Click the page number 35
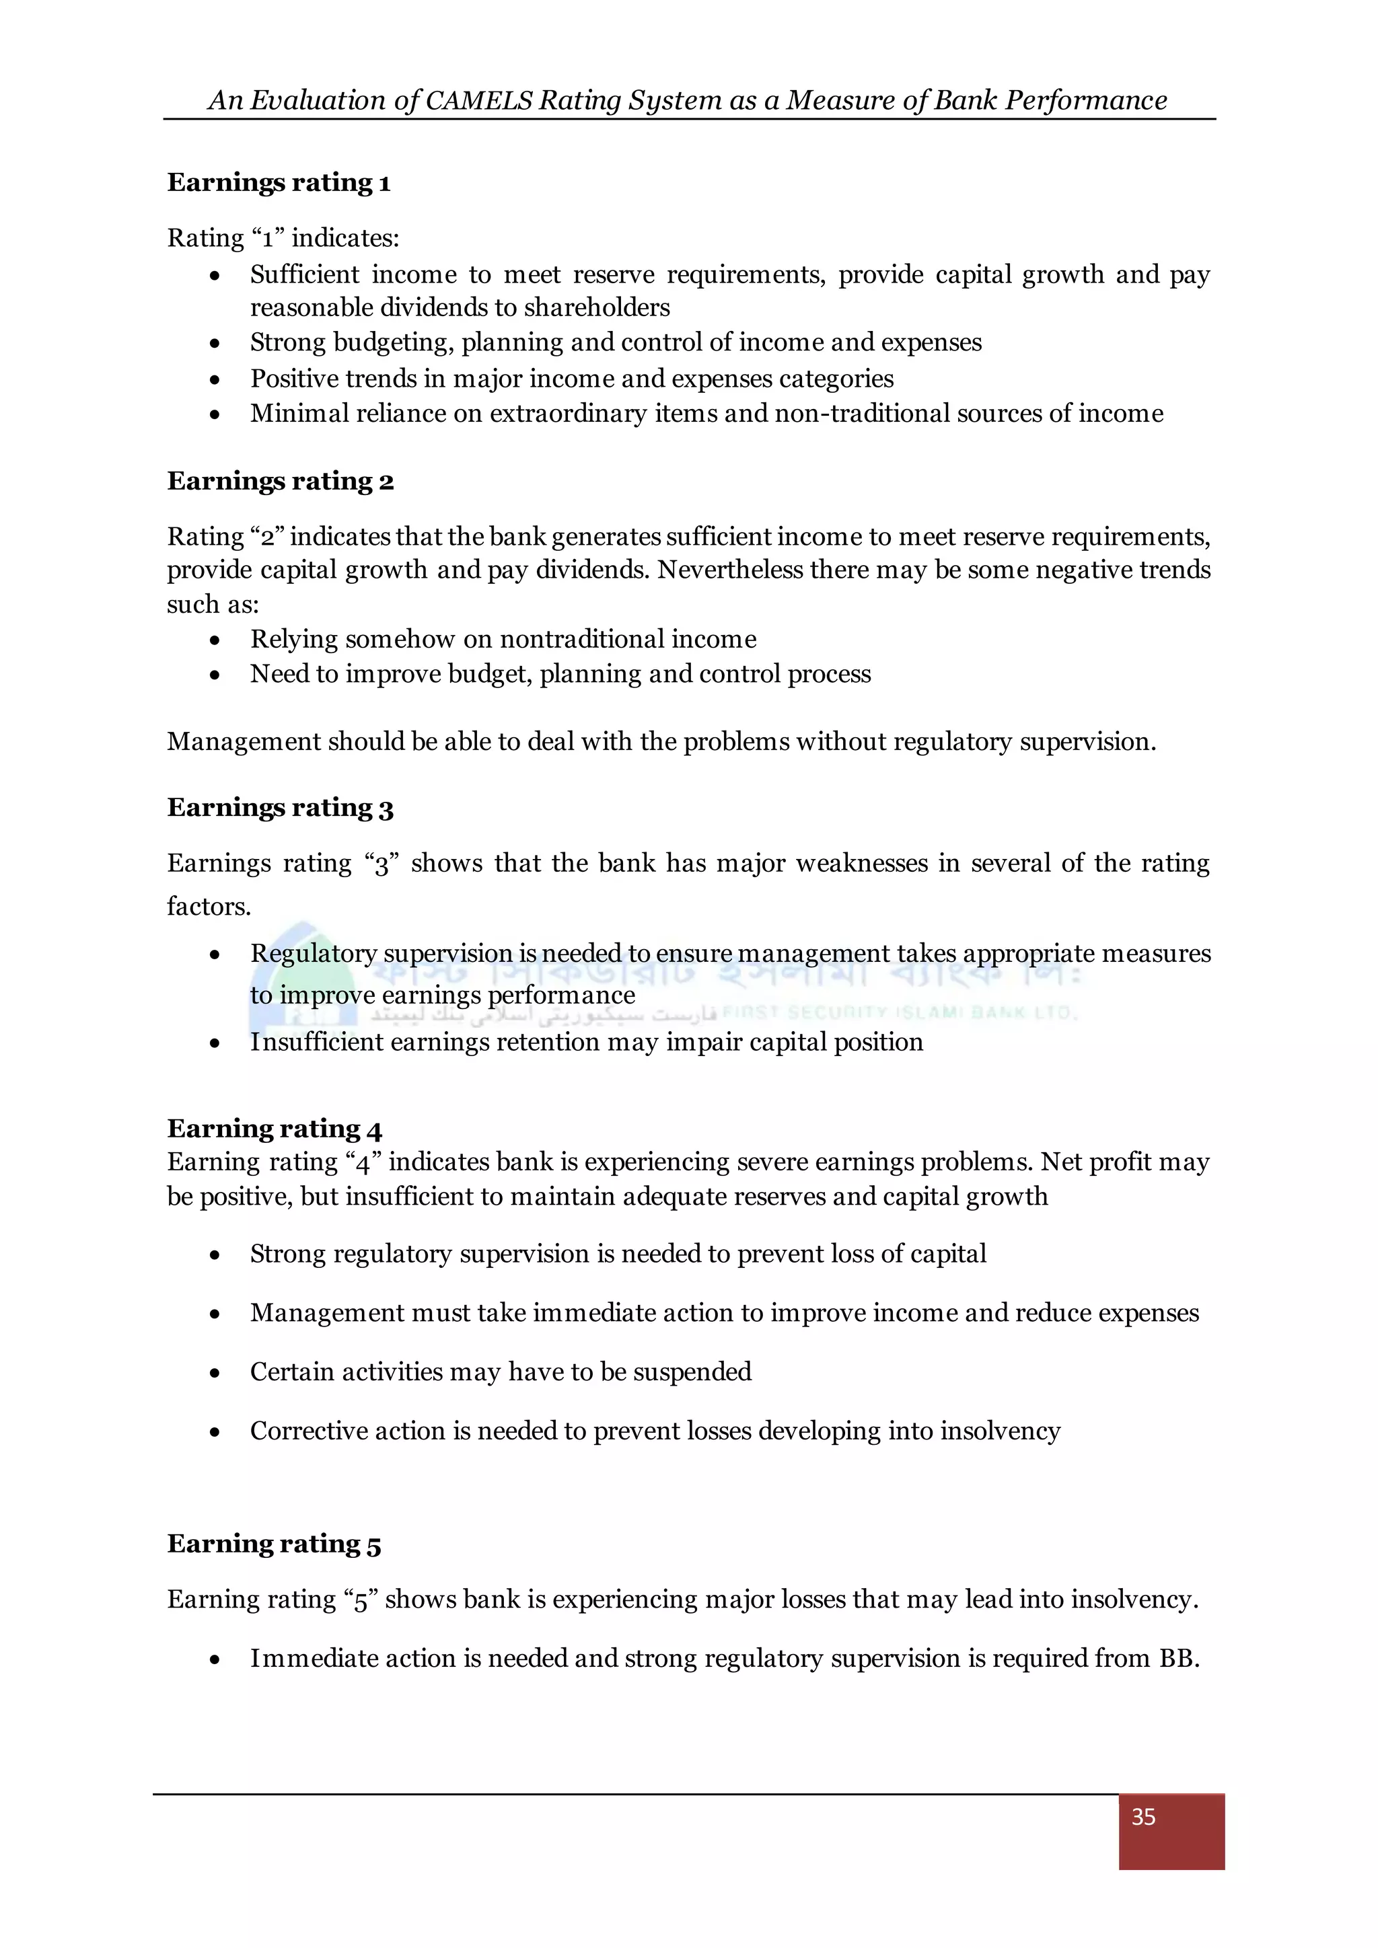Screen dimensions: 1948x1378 point(1143,1816)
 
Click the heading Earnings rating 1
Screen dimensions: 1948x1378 point(279,182)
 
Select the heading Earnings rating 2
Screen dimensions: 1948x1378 point(280,481)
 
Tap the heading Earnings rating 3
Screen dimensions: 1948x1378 point(280,807)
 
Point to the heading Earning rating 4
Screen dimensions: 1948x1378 point(274,1129)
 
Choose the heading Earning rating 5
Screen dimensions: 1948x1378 point(274,1543)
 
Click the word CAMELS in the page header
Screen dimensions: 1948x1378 point(478,100)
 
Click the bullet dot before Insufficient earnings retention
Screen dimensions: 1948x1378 point(215,1043)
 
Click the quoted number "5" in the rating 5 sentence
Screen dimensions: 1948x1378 point(361,1600)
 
